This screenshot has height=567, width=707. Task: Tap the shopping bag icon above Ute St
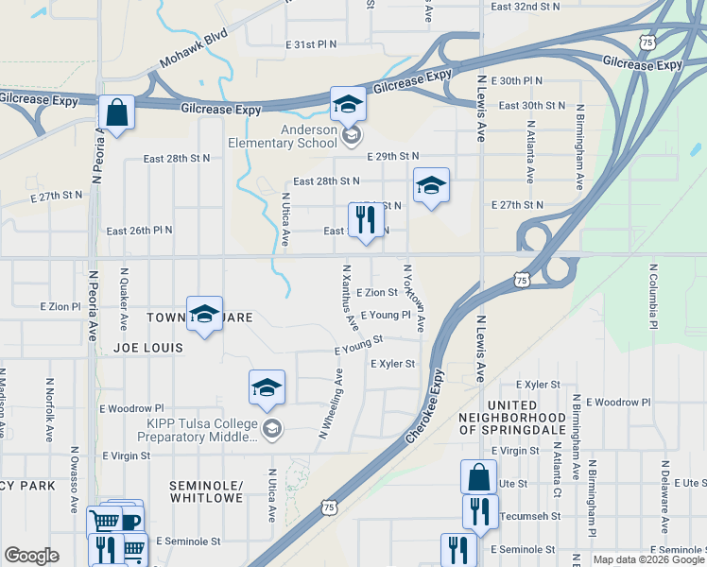(x=478, y=476)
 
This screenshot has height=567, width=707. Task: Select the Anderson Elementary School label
(x=282, y=136)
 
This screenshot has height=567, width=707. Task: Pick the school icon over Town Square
(x=204, y=315)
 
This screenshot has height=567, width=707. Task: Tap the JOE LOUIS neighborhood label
(x=147, y=348)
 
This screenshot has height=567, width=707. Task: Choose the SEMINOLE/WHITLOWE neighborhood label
(x=206, y=491)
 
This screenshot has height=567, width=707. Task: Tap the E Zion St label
(x=376, y=293)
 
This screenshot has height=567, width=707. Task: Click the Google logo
(x=31, y=556)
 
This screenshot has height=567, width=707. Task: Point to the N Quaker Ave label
(x=124, y=297)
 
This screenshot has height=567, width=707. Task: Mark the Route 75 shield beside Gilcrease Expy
(x=647, y=43)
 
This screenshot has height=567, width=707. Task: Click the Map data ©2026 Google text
(x=648, y=559)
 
